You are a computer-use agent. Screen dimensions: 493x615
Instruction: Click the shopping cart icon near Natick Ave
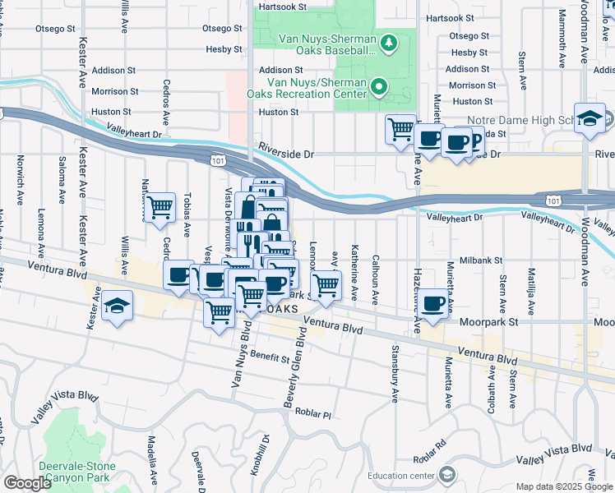click(x=160, y=205)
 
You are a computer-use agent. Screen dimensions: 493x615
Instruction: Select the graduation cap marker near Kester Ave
click(x=118, y=307)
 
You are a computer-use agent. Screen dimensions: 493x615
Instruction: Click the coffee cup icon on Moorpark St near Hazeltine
click(x=434, y=303)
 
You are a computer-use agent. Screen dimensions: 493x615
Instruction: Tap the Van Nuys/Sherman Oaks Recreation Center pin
click(x=379, y=85)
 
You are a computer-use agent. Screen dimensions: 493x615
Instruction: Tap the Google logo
click(x=28, y=482)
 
